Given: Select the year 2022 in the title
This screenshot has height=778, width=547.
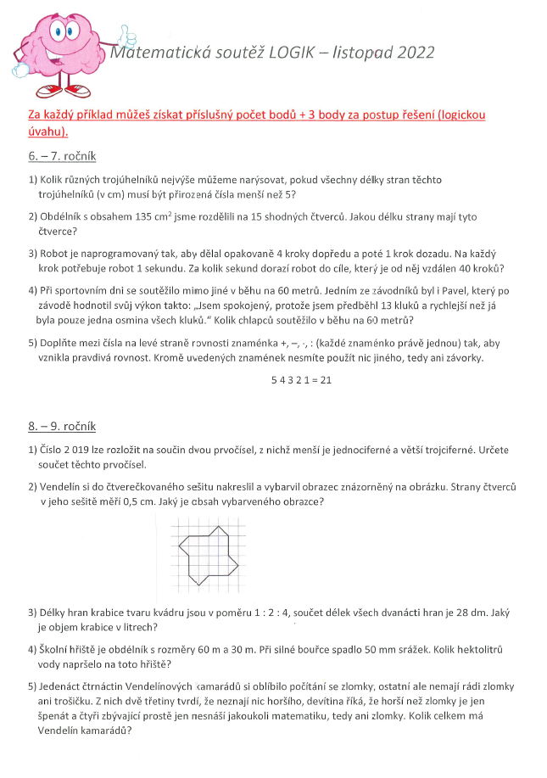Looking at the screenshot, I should pyautogui.click(x=414, y=53).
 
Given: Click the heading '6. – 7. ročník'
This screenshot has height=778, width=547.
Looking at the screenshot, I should pyautogui.click(x=62, y=156).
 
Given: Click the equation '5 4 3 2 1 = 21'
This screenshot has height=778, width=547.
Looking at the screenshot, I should pyautogui.click(x=301, y=380).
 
